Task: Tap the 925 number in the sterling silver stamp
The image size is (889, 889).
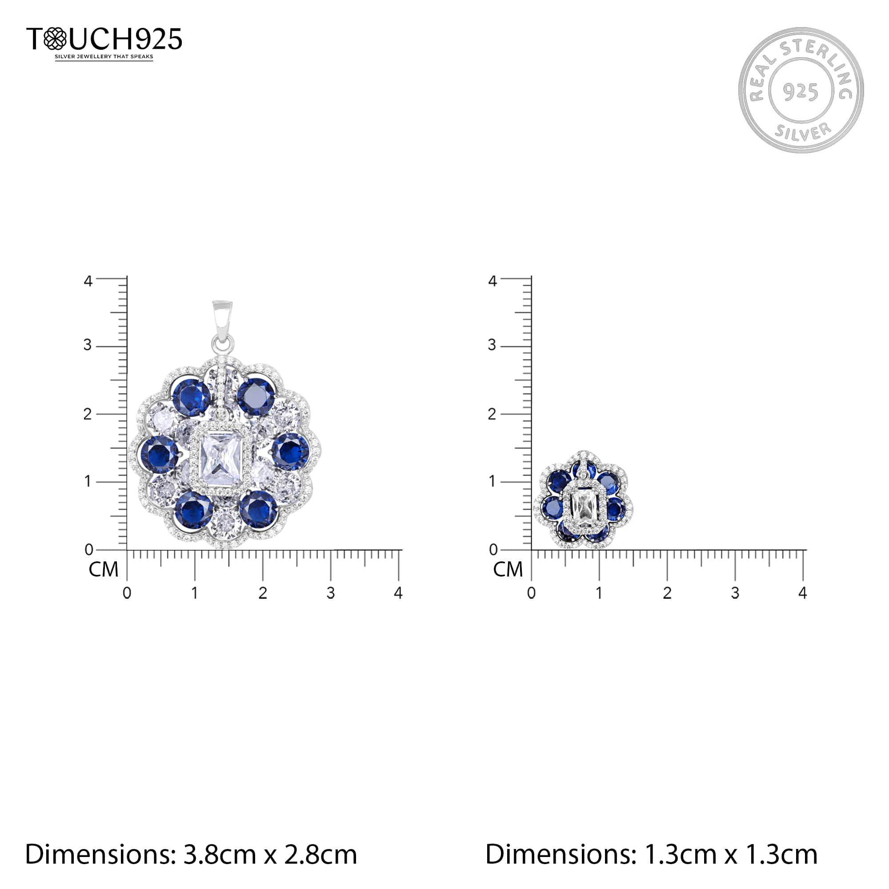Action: (801, 92)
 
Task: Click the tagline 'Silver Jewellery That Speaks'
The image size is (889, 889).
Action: (104, 57)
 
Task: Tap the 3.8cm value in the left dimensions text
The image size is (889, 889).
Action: (220, 854)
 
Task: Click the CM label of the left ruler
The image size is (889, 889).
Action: (104, 570)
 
